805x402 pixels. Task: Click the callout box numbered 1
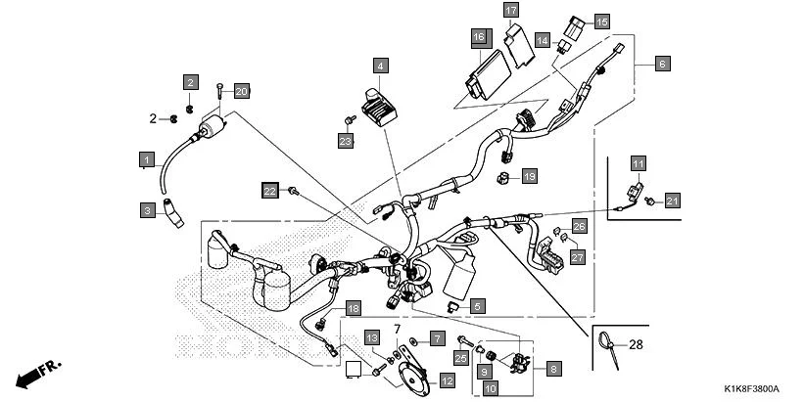coord(146,158)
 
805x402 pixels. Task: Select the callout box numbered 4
coord(380,66)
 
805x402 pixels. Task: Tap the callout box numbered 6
coord(662,64)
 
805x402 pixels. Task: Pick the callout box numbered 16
coord(478,37)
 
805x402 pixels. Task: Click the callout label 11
coord(638,163)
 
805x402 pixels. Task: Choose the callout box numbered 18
coord(354,308)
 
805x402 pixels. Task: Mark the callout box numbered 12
coord(446,380)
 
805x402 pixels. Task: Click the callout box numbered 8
coord(553,369)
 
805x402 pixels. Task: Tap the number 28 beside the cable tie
coord(638,345)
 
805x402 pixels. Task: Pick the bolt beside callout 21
coord(650,201)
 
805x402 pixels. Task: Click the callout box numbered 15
coord(600,21)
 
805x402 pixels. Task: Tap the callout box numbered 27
coord(577,257)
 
